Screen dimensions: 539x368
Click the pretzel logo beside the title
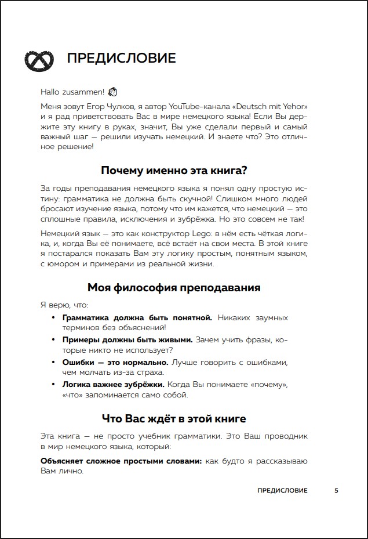click(x=38, y=59)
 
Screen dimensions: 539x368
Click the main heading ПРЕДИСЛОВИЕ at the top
click(x=121, y=59)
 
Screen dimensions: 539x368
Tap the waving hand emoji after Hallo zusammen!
click(x=112, y=92)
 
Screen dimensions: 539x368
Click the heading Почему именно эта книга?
click(x=174, y=170)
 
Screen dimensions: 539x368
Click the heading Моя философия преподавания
click(x=174, y=288)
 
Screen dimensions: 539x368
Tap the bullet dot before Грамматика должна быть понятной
click(x=53, y=318)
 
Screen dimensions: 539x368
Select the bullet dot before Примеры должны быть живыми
click(x=53, y=340)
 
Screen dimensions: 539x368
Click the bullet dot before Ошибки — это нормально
click(x=53, y=362)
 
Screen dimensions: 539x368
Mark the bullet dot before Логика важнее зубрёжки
click(x=53, y=384)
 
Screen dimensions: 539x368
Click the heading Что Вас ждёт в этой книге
click(x=174, y=418)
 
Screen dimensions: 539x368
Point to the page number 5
click(x=336, y=490)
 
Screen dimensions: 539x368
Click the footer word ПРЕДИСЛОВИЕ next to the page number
click(x=282, y=490)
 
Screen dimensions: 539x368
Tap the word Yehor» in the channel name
click(x=295, y=107)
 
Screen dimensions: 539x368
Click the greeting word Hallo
click(x=50, y=92)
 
